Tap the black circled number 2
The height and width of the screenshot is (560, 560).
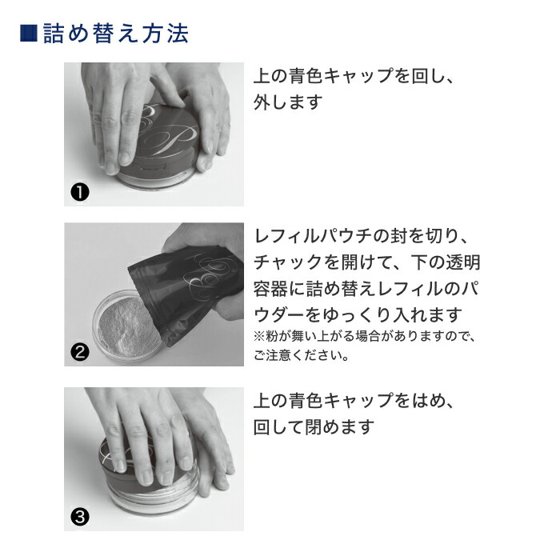click(x=80, y=350)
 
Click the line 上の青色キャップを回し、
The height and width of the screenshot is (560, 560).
click(x=358, y=77)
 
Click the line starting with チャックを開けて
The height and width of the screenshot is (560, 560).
click(x=366, y=262)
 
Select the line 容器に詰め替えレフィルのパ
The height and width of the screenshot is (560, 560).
click(x=366, y=288)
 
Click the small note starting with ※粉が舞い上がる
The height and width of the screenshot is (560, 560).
click(x=364, y=337)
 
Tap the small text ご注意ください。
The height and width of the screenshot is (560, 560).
click(x=301, y=355)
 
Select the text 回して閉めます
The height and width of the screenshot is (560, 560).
click(x=314, y=426)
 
